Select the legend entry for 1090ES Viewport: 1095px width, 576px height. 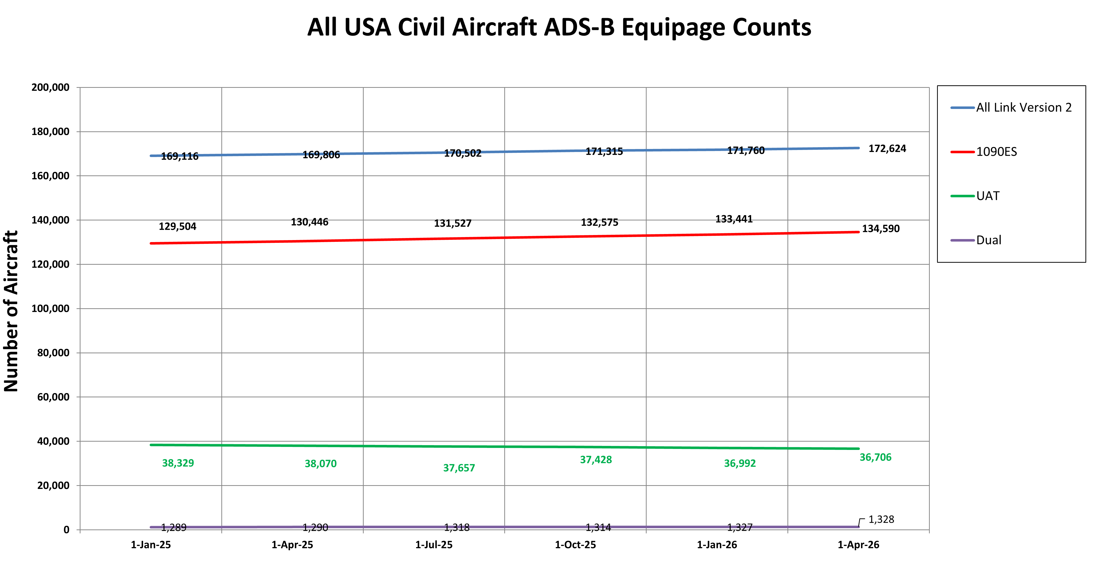click(996, 152)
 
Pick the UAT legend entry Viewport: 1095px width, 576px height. click(987, 196)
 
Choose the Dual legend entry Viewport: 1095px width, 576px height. click(988, 240)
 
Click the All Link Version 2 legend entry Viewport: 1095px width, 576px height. click(1023, 108)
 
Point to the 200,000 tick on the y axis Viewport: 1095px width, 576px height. click(50, 88)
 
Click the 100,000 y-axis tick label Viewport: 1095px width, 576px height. click(50, 309)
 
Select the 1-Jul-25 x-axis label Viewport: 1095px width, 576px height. click(434, 545)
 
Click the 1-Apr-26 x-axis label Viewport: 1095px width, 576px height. click(858, 545)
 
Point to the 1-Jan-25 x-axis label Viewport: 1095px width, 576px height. click(150, 545)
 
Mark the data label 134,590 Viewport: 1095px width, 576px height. click(881, 229)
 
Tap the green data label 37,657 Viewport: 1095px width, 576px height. click(459, 468)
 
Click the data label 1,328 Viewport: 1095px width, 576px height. click(881, 519)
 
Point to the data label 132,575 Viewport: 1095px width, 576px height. click(599, 222)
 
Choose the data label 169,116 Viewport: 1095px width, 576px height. click(179, 157)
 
